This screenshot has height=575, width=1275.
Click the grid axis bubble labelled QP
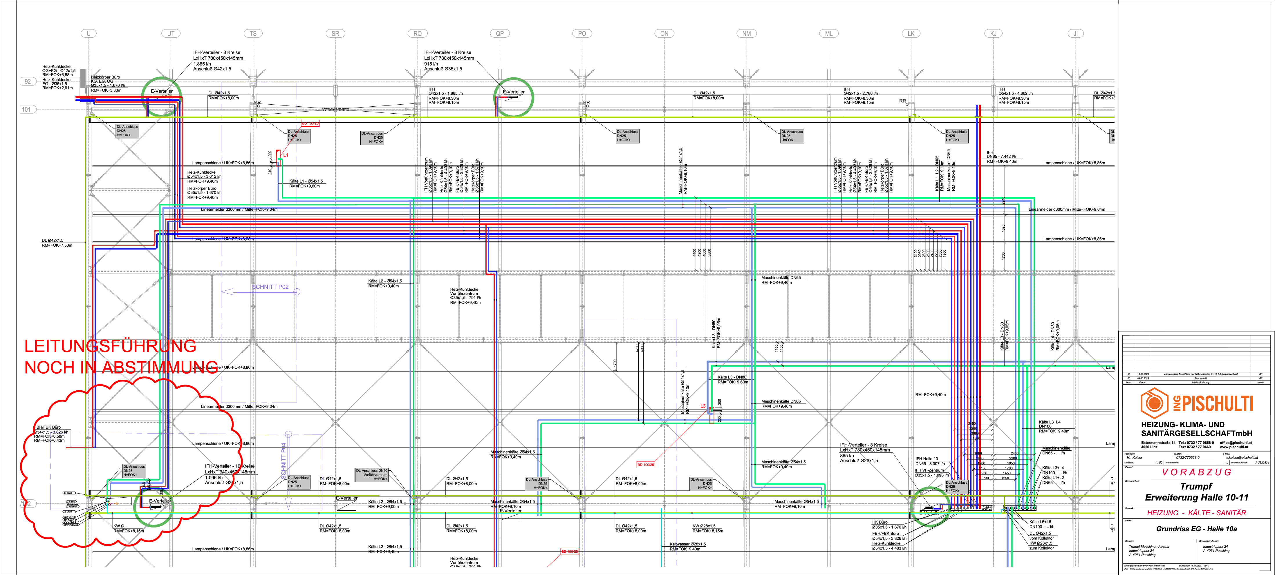(500, 34)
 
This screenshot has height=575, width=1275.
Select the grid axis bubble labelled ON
(664, 34)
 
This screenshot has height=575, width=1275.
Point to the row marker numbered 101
(26, 109)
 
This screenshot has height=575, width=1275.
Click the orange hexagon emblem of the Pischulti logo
(1154, 403)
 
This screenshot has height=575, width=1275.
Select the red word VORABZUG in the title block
(1196, 472)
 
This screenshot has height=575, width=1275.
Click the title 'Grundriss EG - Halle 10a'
(1196, 529)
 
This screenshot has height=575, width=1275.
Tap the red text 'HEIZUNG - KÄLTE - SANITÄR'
(1196, 513)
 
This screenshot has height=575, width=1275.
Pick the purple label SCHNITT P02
(270, 287)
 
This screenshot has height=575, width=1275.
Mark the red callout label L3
(703, 406)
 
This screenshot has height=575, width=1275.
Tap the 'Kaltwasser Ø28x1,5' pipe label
(687, 544)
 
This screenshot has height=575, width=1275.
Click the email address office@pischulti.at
(1236, 443)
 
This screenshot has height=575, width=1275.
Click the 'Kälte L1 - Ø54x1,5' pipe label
(306, 181)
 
